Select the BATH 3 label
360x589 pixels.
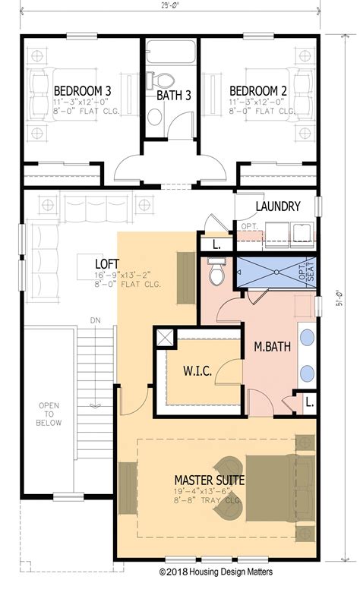[x=174, y=96]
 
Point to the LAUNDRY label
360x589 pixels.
[x=278, y=206]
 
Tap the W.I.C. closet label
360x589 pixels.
[x=197, y=371]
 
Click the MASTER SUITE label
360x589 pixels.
[x=209, y=479]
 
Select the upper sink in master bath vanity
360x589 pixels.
[x=307, y=339]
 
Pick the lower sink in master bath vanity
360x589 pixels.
[x=307, y=373]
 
